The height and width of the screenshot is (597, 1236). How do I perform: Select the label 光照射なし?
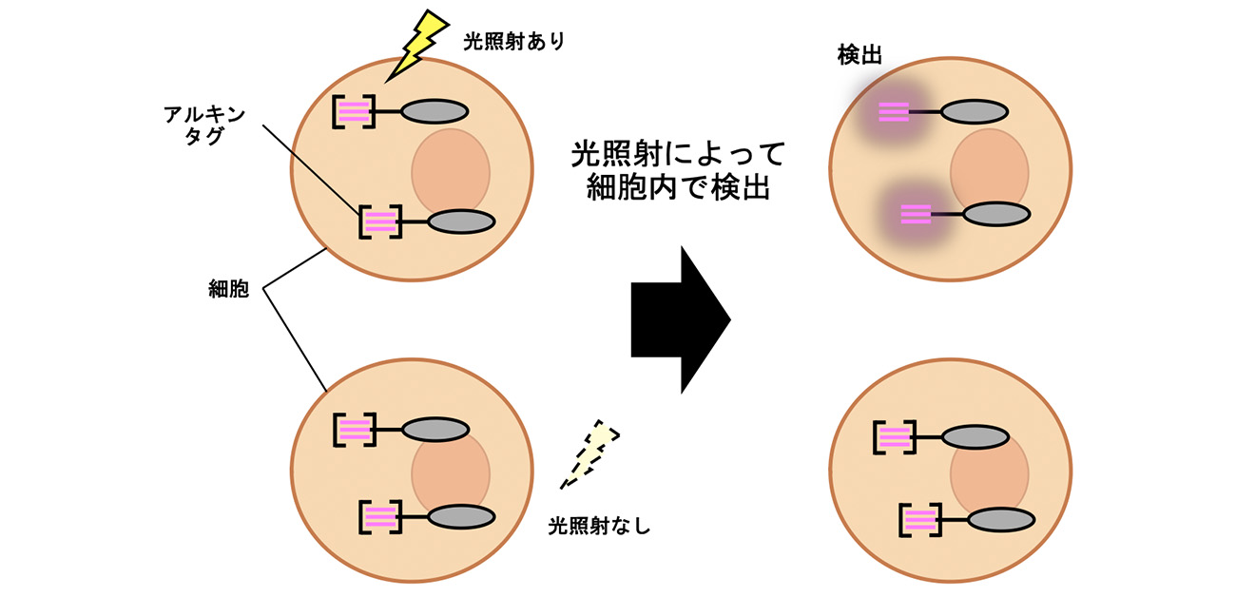click(x=599, y=525)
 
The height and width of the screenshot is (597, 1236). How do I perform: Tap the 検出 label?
click(x=859, y=55)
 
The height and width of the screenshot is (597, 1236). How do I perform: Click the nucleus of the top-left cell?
click(x=451, y=171)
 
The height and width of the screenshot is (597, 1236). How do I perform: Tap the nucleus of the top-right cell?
click(x=990, y=171)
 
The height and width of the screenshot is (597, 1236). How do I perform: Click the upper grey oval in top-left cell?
click(x=435, y=111)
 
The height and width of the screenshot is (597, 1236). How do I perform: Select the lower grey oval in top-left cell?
click(x=462, y=221)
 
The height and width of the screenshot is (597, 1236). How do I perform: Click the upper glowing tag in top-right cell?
click(x=894, y=112)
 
